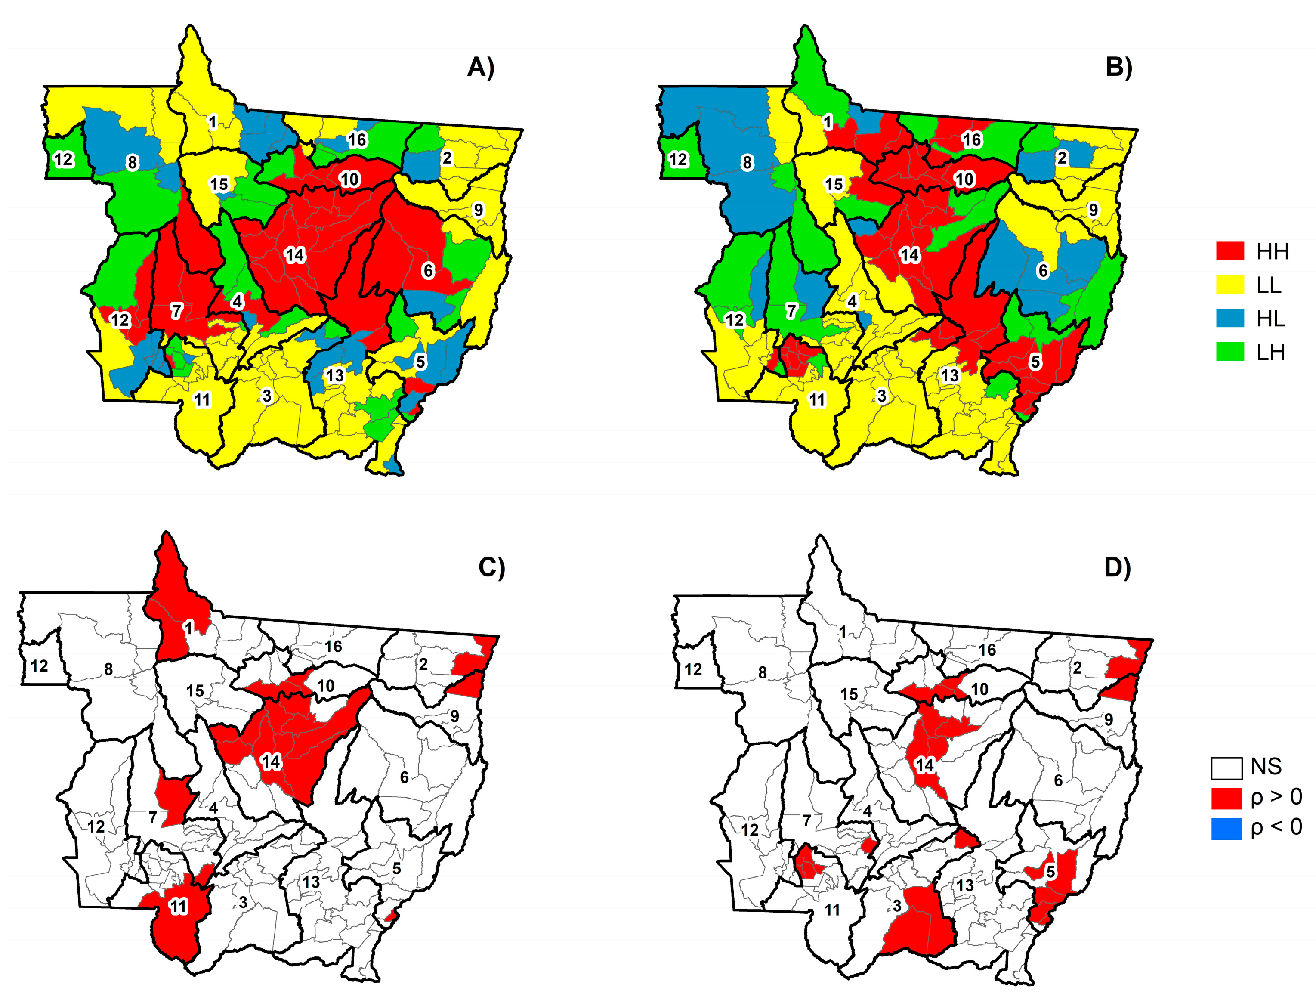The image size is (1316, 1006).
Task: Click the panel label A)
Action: point(480,67)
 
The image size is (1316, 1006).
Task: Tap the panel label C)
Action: point(491,566)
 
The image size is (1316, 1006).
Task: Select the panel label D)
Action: point(1117,566)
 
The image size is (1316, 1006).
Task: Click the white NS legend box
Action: point(1226,768)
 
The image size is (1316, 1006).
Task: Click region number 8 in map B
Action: point(747,162)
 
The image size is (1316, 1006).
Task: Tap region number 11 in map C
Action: point(179,907)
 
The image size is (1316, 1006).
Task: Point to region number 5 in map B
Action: point(1035,362)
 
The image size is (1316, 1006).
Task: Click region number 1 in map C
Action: point(188,628)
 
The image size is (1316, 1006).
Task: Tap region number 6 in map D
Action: point(1058,781)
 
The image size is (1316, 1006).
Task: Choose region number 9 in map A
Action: point(478,210)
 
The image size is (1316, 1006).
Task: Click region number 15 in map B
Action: point(834,184)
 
